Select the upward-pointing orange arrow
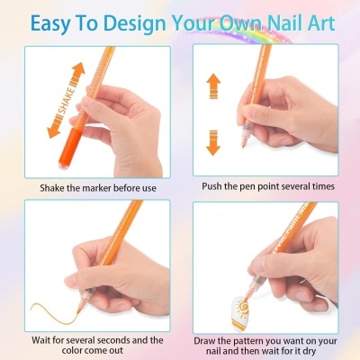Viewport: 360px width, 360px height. click(213, 86)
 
